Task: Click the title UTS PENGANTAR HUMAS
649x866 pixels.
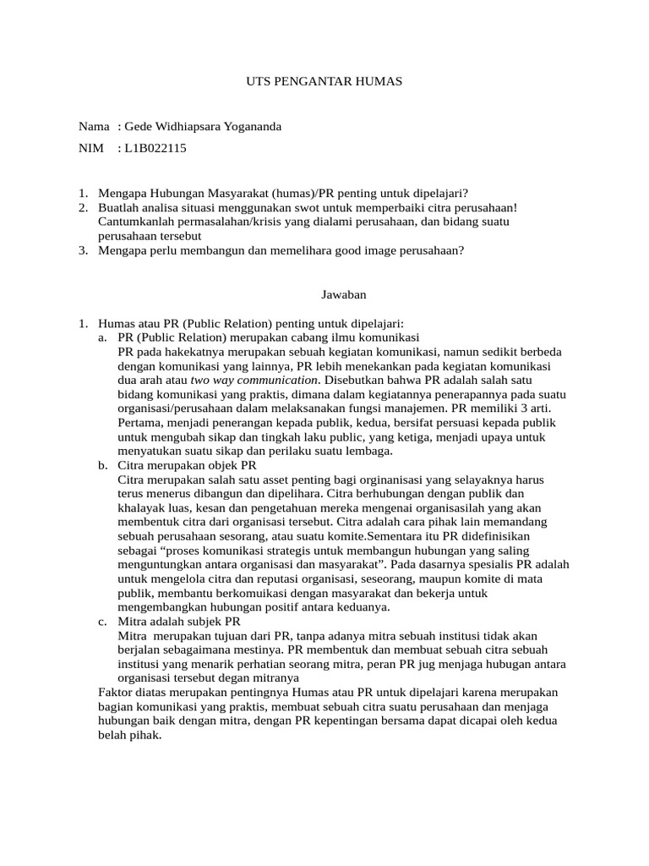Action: [x=324, y=81]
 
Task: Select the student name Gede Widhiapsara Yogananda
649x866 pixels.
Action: [x=203, y=127]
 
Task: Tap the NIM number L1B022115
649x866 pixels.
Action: [x=155, y=149]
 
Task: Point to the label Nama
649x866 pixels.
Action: [x=93, y=127]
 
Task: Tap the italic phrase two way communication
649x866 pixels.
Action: [x=246, y=380]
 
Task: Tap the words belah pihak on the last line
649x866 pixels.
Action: [x=128, y=736]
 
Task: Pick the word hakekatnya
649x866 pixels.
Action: [x=181, y=351]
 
